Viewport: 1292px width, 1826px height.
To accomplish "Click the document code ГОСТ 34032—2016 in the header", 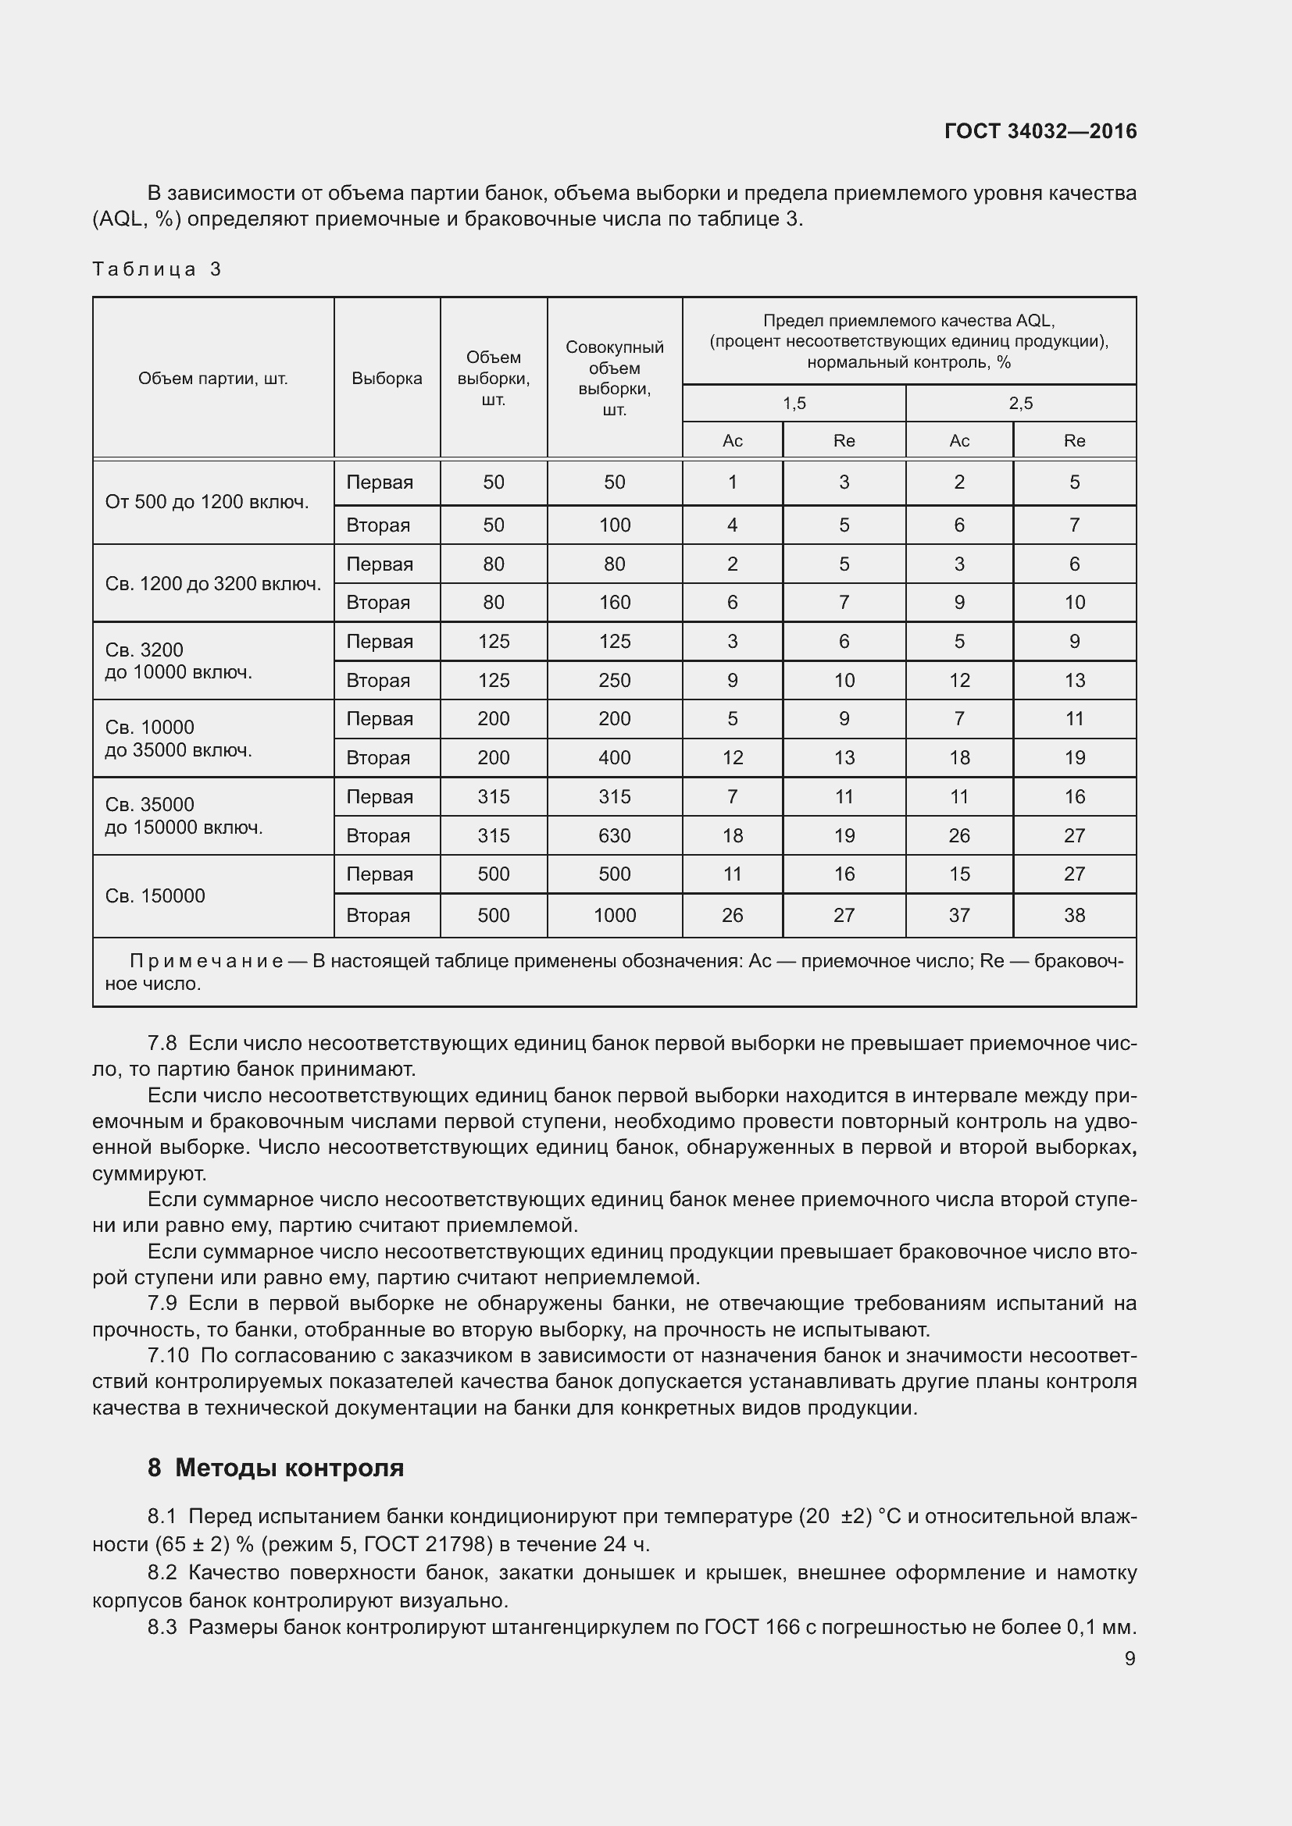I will point(1040,131).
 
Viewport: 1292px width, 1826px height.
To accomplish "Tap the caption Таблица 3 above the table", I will point(157,269).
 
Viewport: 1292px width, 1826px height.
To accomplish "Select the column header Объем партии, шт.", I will point(212,379).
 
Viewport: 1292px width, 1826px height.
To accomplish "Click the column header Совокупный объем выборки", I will point(614,379).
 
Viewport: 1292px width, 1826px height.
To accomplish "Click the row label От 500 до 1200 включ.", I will point(207,502).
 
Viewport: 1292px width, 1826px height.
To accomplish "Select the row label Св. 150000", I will point(155,895).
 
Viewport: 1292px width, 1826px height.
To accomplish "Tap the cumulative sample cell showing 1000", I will point(614,916).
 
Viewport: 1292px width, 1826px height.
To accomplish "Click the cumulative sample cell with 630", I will point(614,836).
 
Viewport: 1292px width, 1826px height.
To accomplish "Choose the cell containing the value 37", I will point(959,916).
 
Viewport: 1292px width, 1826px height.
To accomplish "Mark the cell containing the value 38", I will point(1074,916).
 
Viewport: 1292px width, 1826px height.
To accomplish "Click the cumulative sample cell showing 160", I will point(614,603).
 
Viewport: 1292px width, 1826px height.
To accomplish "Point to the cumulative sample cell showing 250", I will point(614,681).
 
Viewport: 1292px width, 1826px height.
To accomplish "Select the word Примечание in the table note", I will point(206,962).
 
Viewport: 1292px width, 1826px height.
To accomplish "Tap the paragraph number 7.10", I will point(168,1355).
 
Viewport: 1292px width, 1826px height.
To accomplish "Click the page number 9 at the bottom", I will point(1130,1658).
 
